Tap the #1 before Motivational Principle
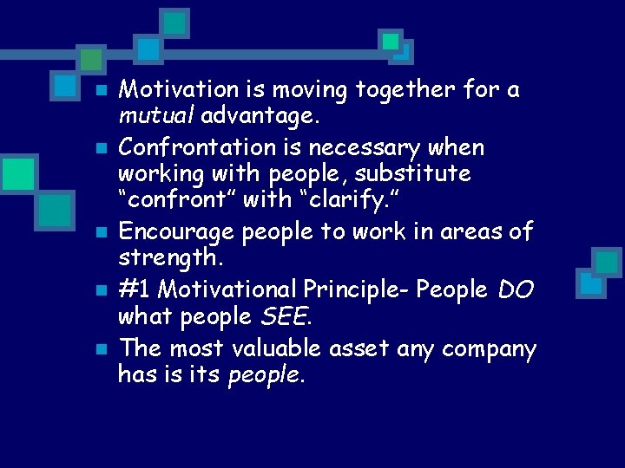(134, 290)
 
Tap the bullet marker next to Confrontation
(101, 148)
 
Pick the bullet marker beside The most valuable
(101, 349)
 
